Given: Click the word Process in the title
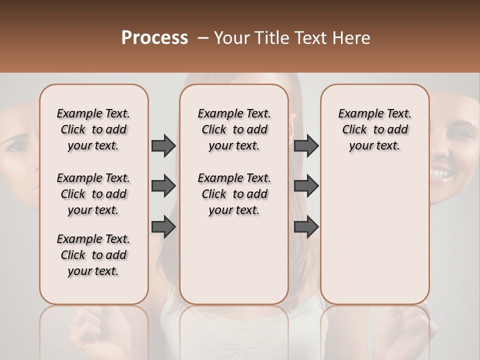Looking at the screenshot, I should point(154,38).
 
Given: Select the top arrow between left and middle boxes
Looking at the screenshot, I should point(163,145).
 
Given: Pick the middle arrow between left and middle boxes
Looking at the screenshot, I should point(163,186).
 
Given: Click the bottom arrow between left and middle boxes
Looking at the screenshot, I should point(163,227).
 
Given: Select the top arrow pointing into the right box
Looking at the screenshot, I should point(306,145).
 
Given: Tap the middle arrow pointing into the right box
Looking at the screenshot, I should point(306,186).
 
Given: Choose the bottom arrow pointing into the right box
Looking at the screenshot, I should point(306,227).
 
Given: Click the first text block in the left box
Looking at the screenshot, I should point(93,129).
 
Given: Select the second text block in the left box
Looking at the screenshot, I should point(93,194).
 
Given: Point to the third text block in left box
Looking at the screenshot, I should point(93,255).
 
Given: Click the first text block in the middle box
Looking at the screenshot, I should point(234,129).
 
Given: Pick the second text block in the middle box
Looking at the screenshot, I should point(234,194).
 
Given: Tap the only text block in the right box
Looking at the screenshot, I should point(374,129).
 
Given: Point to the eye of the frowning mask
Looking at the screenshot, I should point(14,147).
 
